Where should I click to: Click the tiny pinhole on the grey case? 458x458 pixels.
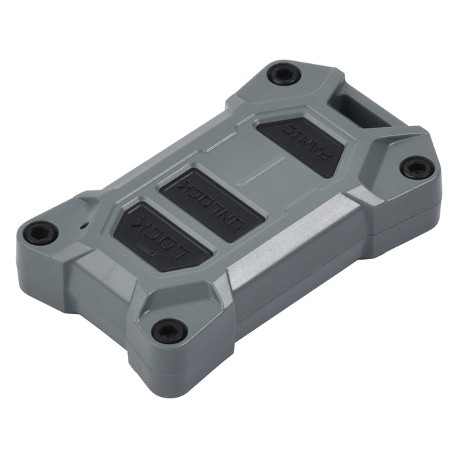pos(84,226)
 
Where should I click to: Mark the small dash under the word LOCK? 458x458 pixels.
pos(147,249)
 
